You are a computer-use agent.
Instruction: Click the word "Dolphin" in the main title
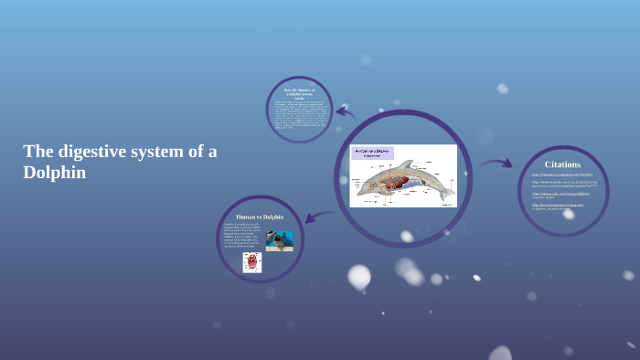tap(55, 172)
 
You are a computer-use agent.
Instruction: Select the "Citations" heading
tap(562, 164)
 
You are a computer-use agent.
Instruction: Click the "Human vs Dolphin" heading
tap(260, 217)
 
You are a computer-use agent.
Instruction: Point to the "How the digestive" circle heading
tap(299, 92)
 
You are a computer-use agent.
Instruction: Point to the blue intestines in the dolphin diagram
tap(407, 185)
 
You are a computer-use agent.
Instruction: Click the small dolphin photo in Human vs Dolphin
tap(279, 239)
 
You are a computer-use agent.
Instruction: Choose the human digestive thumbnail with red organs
tap(252, 262)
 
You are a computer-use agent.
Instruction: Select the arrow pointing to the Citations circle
tap(496, 164)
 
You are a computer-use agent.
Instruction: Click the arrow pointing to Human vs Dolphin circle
tap(317, 217)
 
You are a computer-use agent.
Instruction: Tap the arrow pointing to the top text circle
tap(344, 114)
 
